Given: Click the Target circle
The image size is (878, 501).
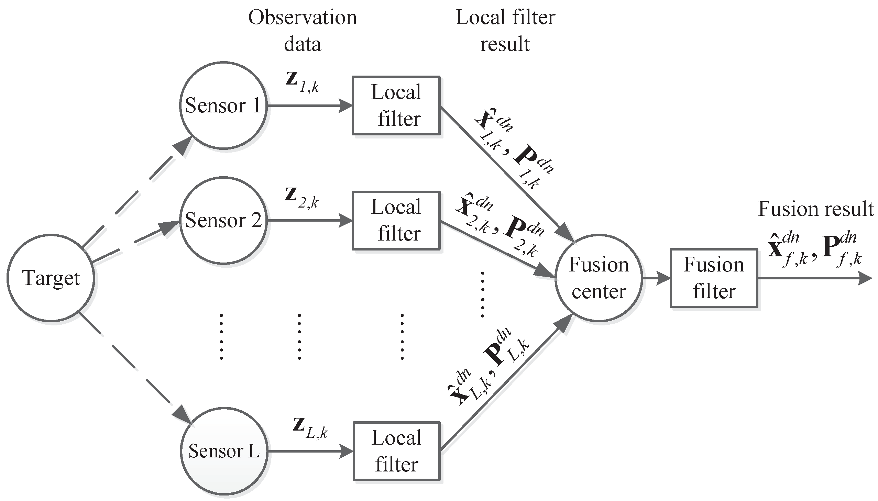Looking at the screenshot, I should click(51, 278).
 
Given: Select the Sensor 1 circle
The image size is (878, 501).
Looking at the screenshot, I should click(223, 105).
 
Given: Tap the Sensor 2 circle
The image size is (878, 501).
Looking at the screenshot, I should click(223, 220).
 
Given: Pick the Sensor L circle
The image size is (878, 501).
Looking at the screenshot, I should click(224, 451).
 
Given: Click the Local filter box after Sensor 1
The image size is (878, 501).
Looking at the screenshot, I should click(396, 105).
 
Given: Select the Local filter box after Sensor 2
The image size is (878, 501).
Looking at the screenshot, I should click(396, 220).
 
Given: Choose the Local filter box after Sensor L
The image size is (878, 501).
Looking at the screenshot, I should click(396, 451).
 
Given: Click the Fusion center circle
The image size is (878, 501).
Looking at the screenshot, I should click(599, 278).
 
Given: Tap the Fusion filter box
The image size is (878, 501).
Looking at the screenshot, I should click(713, 278).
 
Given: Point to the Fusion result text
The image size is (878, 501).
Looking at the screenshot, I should click(816, 209).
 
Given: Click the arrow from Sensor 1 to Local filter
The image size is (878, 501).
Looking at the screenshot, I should click(310, 105).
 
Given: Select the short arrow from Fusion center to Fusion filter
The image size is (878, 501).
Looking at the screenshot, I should click(656, 278).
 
